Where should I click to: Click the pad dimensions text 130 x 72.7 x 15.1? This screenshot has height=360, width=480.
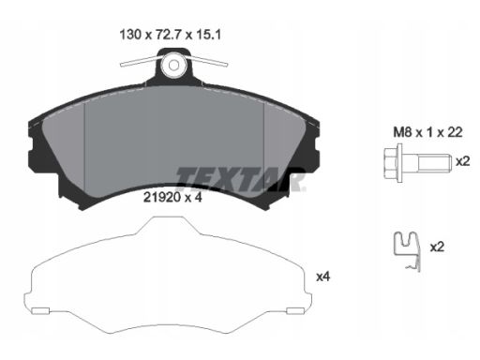tap(171, 35)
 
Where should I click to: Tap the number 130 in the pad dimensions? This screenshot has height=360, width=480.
tap(130, 35)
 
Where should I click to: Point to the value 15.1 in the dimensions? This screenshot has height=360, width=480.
tap(208, 35)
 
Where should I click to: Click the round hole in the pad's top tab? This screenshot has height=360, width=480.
tap(173, 65)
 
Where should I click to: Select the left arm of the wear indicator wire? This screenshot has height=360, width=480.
tap(141, 62)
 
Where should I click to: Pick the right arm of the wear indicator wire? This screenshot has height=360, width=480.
tap(207, 61)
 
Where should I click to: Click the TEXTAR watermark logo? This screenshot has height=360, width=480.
tap(240, 179)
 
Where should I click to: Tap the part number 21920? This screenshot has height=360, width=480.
tap(162, 197)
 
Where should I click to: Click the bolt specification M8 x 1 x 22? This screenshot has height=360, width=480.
tap(427, 132)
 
